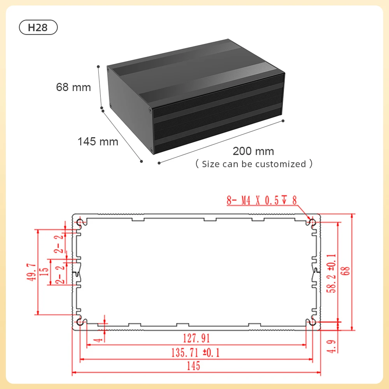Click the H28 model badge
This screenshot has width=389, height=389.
tap(38, 28)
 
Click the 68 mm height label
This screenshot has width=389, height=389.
tap(74, 87)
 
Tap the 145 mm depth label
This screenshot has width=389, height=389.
tap(98, 142)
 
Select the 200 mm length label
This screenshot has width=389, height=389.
tap(253, 151)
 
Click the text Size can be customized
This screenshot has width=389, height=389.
tap(254, 164)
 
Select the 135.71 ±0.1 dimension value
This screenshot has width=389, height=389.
tap(196, 352)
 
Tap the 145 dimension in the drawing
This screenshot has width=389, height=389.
tap(193, 366)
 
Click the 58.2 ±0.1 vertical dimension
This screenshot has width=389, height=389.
tap(332, 272)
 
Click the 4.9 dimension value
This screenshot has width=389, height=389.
tap(332, 345)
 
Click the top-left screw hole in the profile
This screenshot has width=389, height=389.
tap(80, 222)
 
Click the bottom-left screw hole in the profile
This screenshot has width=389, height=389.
tap(80, 322)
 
